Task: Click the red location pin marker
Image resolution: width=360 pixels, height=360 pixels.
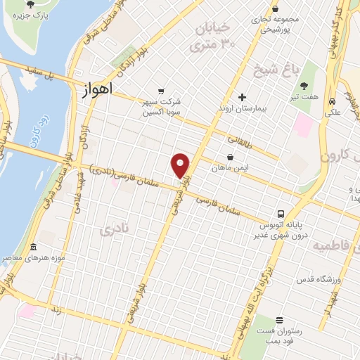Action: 181,165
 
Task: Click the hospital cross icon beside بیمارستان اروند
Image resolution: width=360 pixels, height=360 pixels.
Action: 243,97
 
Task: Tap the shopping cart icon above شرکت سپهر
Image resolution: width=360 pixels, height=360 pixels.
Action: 162,91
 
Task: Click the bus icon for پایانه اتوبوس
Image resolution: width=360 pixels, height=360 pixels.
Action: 281,214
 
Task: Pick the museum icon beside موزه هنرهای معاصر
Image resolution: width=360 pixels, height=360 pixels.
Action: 34,247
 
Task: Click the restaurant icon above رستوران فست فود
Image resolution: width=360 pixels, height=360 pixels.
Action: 279,320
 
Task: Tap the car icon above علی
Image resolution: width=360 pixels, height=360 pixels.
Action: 331,101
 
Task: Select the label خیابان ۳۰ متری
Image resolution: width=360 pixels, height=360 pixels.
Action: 209,37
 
